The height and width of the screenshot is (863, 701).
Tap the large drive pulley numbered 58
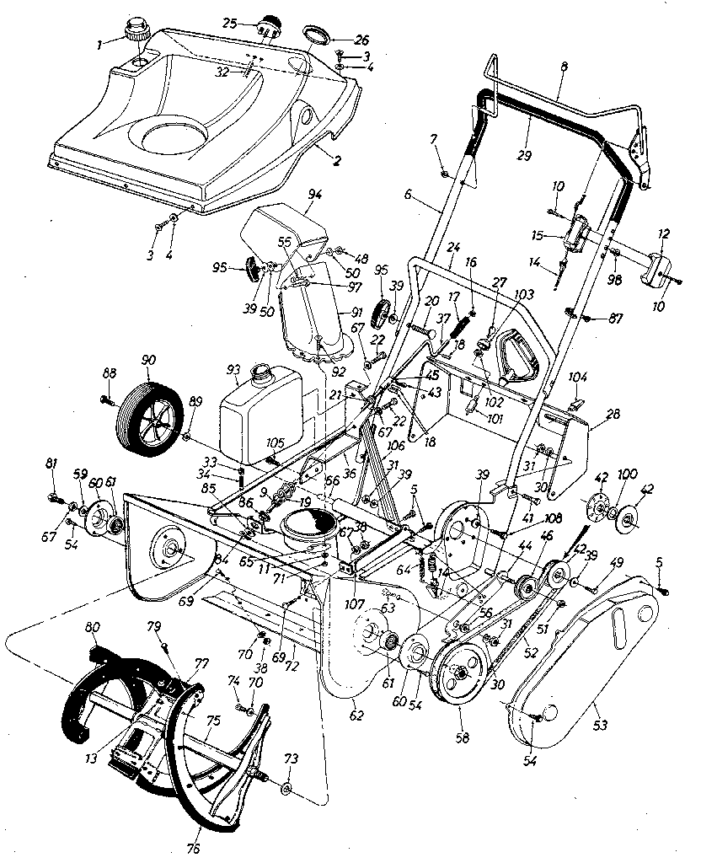click(459, 674)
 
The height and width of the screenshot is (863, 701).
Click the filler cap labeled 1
click(136, 34)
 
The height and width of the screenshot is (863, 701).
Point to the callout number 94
click(315, 193)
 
